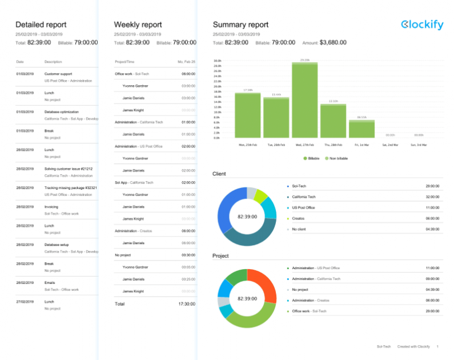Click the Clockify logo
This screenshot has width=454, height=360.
point(421,25)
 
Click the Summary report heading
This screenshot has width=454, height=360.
point(240,25)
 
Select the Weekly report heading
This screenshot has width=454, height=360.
point(138,25)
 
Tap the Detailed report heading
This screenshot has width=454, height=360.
point(41,25)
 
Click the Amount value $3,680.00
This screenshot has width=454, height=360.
point(333,42)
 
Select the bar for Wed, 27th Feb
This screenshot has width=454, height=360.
point(304,100)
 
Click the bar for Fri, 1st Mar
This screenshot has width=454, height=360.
point(361,129)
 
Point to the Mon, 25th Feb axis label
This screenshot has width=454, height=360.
point(248,145)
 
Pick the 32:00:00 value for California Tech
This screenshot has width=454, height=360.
point(431,196)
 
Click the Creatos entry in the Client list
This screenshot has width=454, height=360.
point(298,218)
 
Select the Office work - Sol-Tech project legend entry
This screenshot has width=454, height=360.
point(308,311)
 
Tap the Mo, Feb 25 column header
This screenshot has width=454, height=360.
point(187,61)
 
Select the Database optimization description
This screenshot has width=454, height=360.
point(61,112)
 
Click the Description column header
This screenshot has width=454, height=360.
point(53,61)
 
